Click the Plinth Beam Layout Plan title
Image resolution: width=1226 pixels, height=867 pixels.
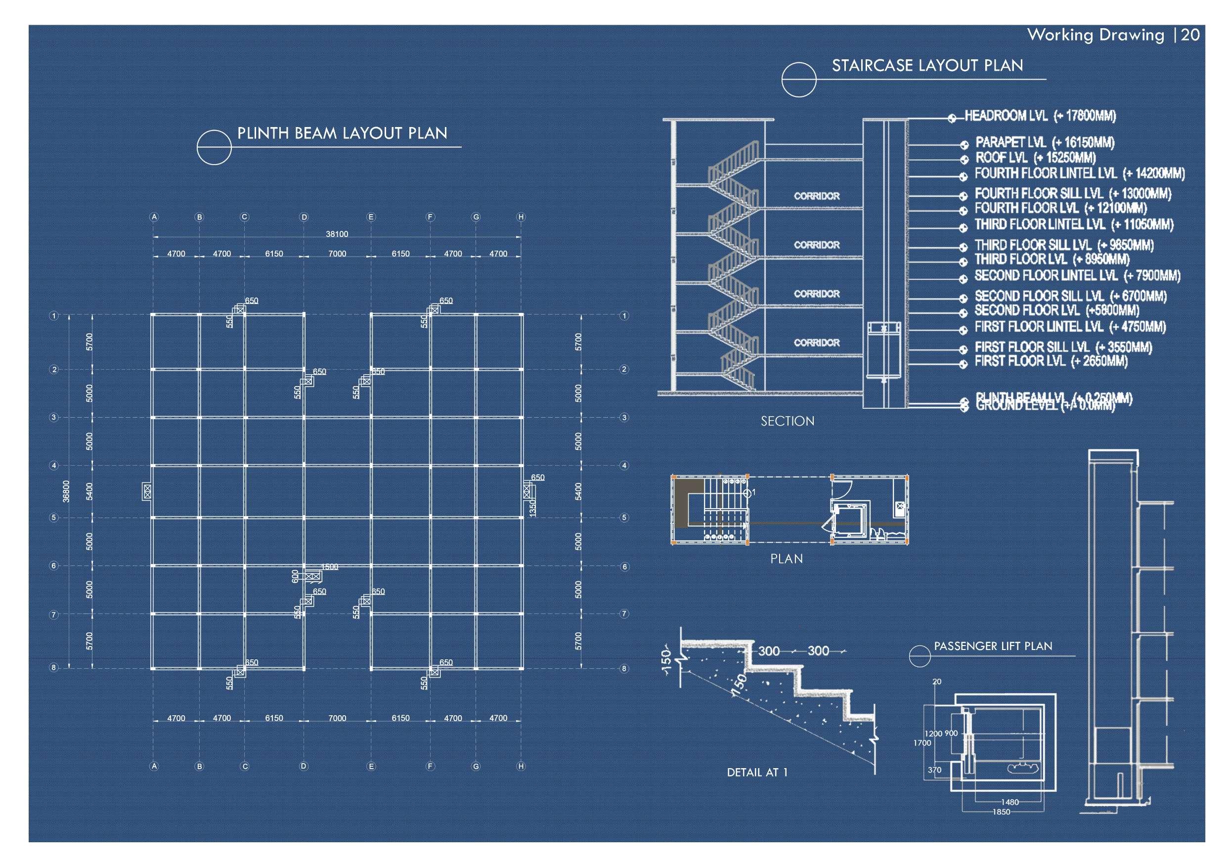coord(342,133)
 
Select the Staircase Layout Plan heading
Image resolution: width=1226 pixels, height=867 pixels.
coord(927,66)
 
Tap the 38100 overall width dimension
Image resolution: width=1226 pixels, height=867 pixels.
coord(337,234)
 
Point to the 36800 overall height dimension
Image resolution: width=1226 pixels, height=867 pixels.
coord(66,491)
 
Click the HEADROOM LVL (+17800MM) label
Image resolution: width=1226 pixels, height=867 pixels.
coord(1040,116)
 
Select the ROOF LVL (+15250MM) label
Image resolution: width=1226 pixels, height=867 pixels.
coord(1035,158)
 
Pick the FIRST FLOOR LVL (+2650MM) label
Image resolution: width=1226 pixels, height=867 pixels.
coord(1051,361)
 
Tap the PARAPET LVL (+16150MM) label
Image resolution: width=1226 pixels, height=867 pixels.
coord(1045,142)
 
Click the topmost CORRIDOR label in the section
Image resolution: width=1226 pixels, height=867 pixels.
coord(817,196)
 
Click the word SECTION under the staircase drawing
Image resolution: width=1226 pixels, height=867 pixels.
coord(788,421)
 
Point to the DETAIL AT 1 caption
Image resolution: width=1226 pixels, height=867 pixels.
coord(757,772)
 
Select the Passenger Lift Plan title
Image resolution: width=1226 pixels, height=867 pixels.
coord(993,646)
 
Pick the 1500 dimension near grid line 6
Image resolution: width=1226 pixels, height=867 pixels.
coord(329,567)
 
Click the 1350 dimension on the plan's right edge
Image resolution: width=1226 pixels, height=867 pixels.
coord(532,508)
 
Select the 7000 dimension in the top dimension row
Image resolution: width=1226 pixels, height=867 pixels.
coord(337,254)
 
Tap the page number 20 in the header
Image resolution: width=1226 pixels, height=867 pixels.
coord(1190,35)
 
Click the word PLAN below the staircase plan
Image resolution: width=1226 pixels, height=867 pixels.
coord(786,559)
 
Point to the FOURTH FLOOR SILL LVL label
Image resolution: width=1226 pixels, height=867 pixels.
coord(1073,193)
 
